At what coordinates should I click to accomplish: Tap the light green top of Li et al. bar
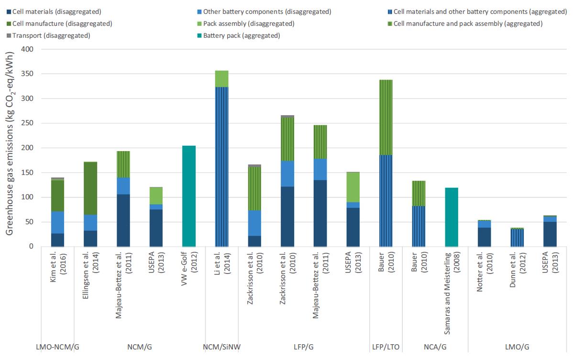(x=221, y=79)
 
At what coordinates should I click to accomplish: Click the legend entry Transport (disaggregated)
(x=51, y=35)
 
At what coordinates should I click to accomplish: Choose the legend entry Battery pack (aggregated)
(x=241, y=35)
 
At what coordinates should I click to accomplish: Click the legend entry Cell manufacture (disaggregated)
(x=62, y=23)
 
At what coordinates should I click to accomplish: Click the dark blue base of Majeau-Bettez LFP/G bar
(x=320, y=213)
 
